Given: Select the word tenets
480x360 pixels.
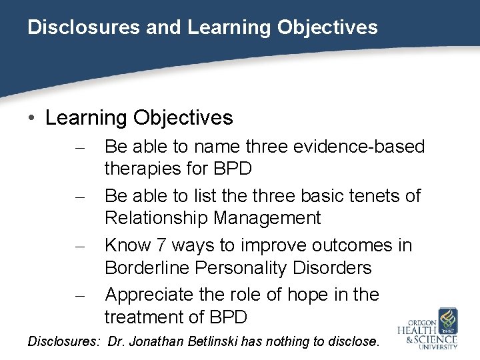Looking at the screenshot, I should [372, 196].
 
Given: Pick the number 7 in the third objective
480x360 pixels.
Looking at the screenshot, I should [161, 245].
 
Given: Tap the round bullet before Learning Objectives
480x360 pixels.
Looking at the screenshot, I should [33, 119].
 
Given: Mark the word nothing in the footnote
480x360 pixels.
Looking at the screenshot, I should [311, 341].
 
